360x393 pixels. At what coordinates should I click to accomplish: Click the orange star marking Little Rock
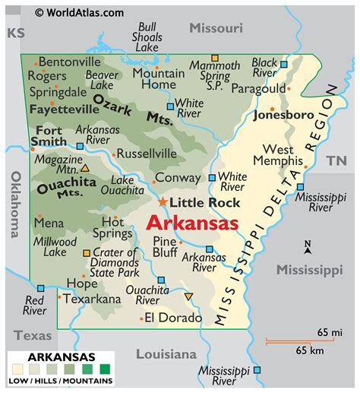(163, 201)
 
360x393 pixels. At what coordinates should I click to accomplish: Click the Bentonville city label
(69, 61)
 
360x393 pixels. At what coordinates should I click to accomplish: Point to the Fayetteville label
(65, 109)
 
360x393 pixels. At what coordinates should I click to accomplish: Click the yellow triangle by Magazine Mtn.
(85, 168)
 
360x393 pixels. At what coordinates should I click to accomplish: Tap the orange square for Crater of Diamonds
(87, 252)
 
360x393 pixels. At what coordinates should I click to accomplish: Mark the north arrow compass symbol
(308, 249)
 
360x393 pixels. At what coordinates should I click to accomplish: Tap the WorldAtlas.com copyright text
(79, 12)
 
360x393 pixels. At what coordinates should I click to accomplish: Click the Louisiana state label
(166, 353)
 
